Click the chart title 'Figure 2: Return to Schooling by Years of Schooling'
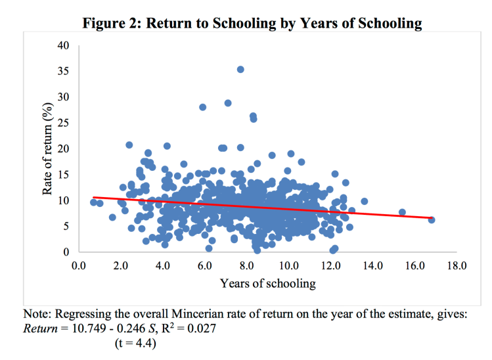coord(252,24)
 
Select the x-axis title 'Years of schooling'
coord(267,284)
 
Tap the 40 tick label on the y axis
coord(63,45)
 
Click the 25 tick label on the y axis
coord(63,123)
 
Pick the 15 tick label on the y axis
coord(63,175)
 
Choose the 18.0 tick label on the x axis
coord(456,266)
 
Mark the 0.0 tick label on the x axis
coord(79,266)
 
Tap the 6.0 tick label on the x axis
coord(204,266)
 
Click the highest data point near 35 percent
coord(240,69)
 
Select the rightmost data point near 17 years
coord(432,219)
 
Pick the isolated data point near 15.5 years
coord(402,212)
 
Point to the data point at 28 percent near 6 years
coord(203,107)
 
